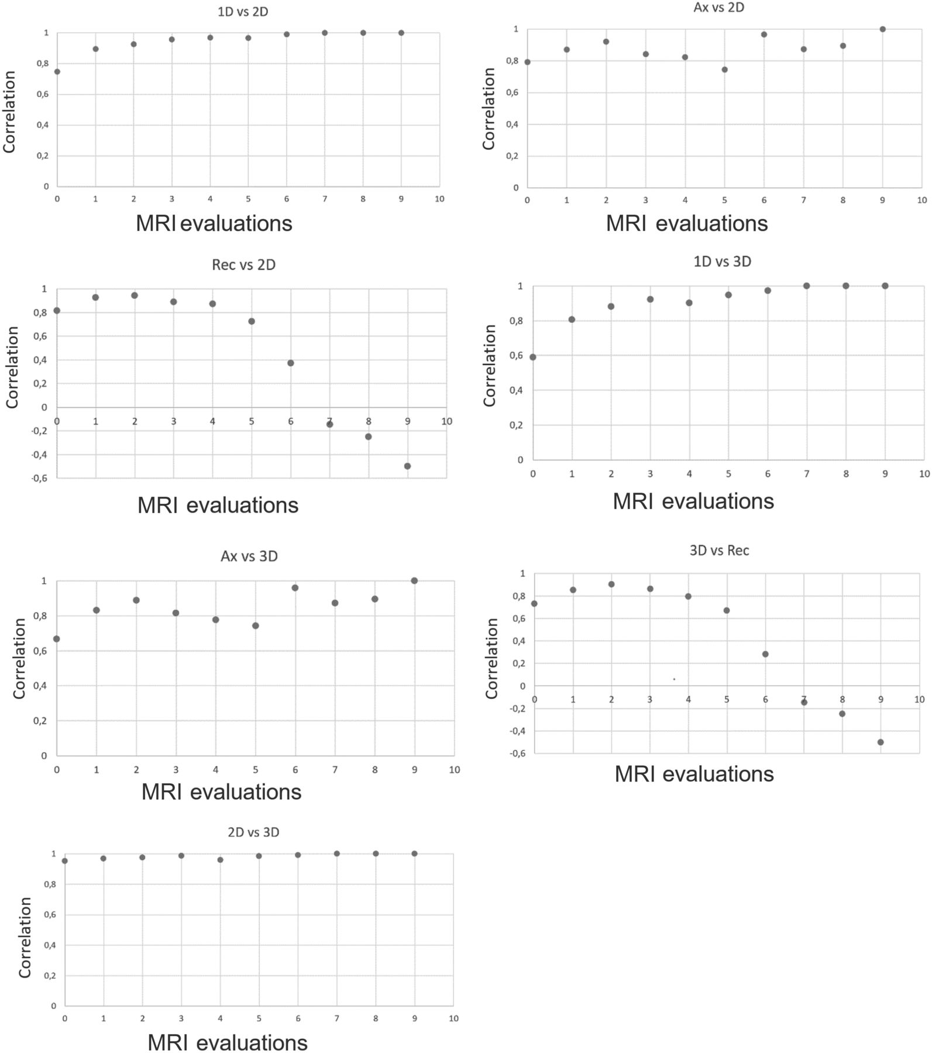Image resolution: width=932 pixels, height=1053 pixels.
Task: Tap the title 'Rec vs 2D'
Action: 243,265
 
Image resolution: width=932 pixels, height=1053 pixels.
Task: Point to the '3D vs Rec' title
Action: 719,550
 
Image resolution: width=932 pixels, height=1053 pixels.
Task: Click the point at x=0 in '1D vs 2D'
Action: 57,71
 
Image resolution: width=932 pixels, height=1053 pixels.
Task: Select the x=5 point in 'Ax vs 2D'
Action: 724,70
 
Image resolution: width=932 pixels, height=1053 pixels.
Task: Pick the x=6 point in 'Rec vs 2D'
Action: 291,363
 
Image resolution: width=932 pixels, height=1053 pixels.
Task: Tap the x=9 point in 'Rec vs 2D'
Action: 407,466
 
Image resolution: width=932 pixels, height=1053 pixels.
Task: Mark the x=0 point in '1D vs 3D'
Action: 532,357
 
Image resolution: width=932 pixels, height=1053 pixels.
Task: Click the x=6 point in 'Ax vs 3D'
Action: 295,587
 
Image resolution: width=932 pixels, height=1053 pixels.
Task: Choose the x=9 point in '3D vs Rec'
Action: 881,742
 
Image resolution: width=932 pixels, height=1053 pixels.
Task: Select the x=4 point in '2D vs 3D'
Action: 220,859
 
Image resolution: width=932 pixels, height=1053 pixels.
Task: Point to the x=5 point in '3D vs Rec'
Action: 727,610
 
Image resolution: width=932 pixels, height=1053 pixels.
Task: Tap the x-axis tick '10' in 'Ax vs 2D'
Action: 921,200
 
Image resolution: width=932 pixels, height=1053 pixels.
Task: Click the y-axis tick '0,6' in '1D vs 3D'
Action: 515,356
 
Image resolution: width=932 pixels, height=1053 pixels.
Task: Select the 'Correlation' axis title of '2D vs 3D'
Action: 25,937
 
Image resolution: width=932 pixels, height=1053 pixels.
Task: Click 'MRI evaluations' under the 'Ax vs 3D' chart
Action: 221,792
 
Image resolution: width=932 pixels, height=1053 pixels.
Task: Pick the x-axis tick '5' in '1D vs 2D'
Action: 248,199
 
